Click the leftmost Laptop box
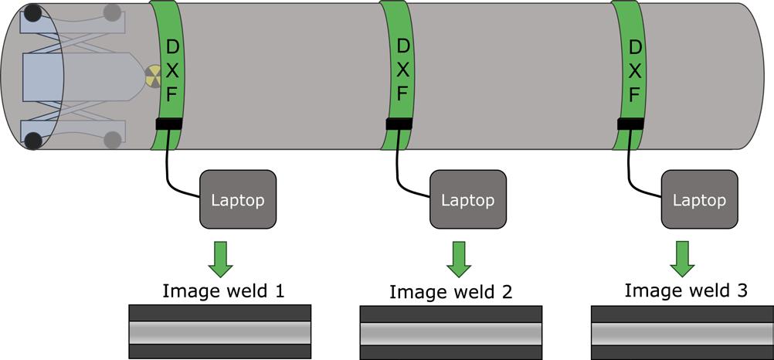coord(237,199)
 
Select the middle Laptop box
coord(467,199)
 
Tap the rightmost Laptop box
coord(700,199)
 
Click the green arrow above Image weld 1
coord(221,258)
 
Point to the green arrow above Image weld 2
coord(459,258)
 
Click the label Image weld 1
coord(223,291)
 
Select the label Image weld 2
coord(450,292)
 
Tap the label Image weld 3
coord(686,290)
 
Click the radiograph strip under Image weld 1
coord(220,331)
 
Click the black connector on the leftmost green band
coord(168,124)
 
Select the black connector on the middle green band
coord(399,124)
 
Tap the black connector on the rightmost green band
coord(631,124)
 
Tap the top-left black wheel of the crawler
coord(33,13)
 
